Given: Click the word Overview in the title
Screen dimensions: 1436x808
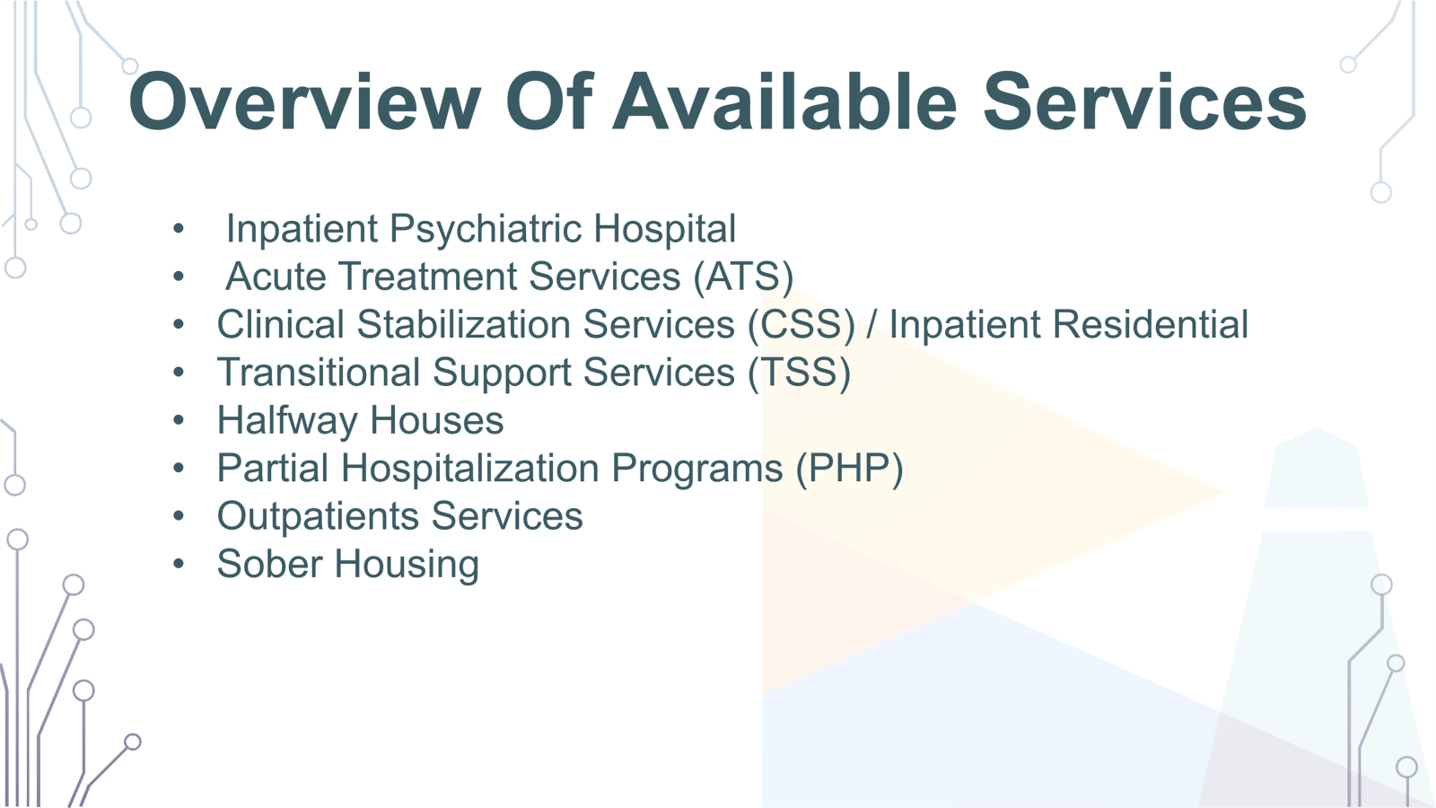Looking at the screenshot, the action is (x=304, y=101).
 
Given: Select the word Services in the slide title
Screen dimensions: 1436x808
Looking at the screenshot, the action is (x=1144, y=101).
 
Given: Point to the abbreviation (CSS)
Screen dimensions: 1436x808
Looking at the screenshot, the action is (x=801, y=325).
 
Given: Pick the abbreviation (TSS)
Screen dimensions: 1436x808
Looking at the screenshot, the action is (x=800, y=373).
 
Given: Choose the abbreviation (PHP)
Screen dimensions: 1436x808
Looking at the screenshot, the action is (x=849, y=469).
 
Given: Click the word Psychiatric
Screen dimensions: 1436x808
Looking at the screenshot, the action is (x=485, y=230).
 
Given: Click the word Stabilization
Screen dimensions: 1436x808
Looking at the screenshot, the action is (x=463, y=324).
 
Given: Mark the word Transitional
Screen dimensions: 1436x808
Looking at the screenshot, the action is (x=318, y=373).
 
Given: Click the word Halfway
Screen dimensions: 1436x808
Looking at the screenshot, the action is (x=287, y=421).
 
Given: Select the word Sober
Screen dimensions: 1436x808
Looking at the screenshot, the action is (x=270, y=565).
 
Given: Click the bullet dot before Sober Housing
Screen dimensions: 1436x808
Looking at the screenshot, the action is (x=179, y=565).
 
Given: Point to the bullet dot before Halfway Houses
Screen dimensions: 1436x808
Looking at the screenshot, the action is (x=179, y=421).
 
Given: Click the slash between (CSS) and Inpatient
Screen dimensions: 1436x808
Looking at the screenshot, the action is (x=871, y=324).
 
